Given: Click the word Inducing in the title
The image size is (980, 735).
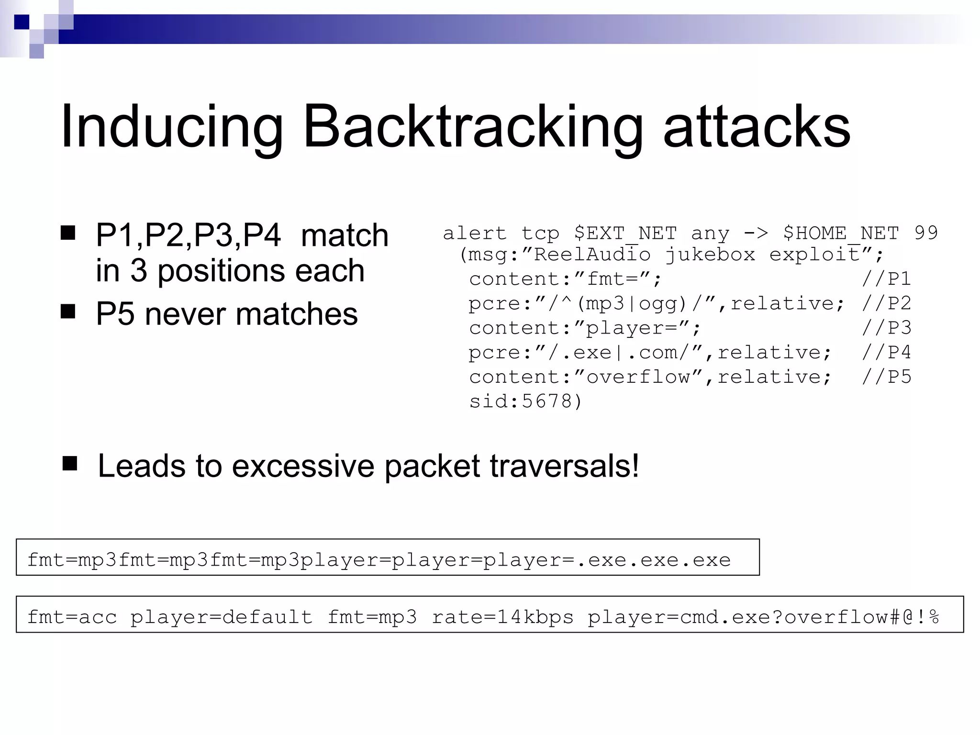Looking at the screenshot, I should tap(172, 127).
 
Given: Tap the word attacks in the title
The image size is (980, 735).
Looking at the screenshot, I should tap(757, 127).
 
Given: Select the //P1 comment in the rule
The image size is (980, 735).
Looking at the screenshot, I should tap(886, 279).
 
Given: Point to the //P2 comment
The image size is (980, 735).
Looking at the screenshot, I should tap(886, 303).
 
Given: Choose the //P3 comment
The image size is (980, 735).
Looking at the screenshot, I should tap(886, 328).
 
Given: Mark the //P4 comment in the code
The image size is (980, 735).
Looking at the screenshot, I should tap(886, 353).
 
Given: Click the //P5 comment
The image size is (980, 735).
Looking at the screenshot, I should tap(886, 377).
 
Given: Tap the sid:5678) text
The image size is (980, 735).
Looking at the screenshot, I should tap(525, 401).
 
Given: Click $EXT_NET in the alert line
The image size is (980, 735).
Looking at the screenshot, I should tap(625, 234).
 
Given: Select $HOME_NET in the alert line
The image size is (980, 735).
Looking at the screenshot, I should tap(841, 234).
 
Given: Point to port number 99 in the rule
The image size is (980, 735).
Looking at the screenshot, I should tap(926, 233).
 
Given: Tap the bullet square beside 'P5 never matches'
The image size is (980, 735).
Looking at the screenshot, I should tap(68, 312).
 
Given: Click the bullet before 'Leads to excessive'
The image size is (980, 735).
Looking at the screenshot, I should tap(70, 463).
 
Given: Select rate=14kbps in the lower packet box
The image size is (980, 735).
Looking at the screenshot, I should tap(502, 617).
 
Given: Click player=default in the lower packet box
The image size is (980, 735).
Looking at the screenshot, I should tap(221, 617).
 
